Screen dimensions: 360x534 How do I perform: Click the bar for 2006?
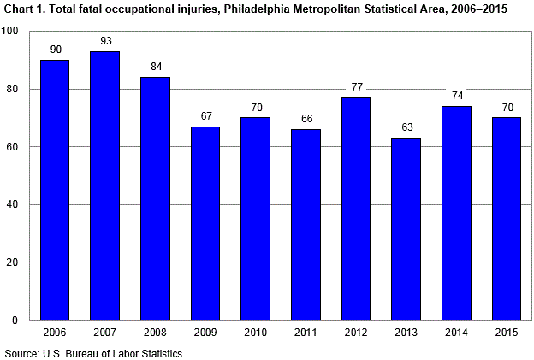[x=54, y=190]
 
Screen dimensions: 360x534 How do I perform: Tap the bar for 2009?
[x=205, y=223]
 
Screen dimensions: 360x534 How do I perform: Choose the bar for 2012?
[x=356, y=209]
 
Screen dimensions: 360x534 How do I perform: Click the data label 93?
[x=104, y=40]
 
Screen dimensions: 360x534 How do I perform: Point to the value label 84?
[x=155, y=67]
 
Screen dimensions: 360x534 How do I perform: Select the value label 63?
[x=406, y=127]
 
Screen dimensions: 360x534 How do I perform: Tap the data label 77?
[x=356, y=87]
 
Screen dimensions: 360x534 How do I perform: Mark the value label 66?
[x=306, y=119]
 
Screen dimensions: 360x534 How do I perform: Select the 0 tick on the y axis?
[x=16, y=321]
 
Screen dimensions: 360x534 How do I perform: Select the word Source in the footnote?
[x=21, y=352]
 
